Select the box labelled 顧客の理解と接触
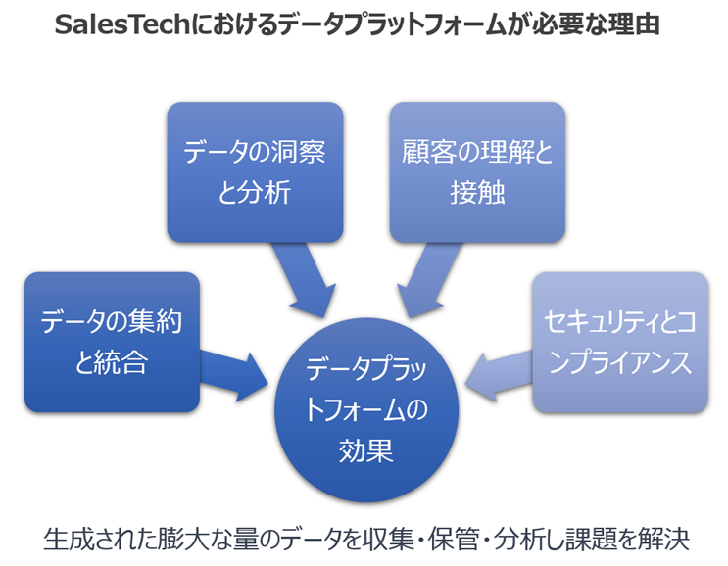(x=477, y=171)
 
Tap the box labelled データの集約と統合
(x=112, y=342)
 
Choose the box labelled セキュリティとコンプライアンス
(x=619, y=342)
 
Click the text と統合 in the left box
(x=112, y=363)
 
